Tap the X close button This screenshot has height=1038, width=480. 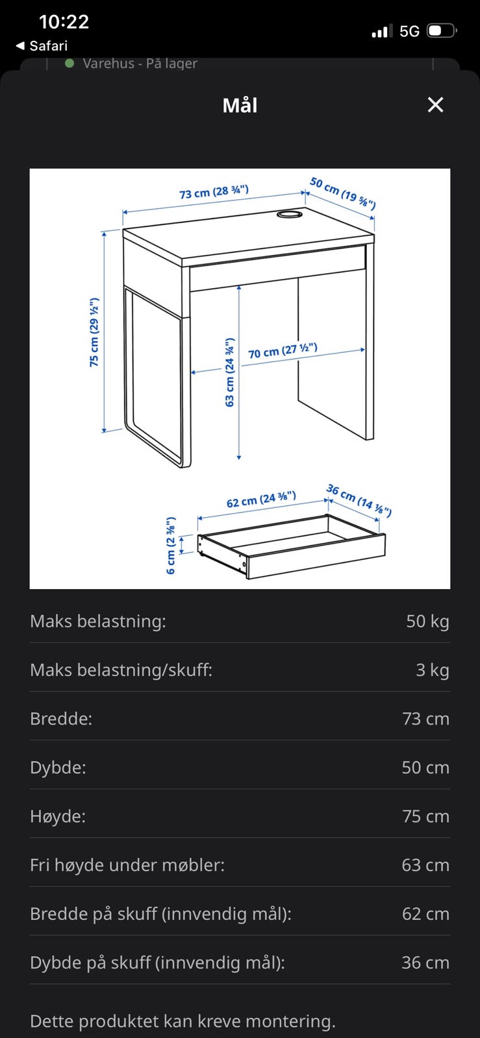(x=435, y=105)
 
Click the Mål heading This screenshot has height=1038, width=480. (x=240, y=105)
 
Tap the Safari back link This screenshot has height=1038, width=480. (x=42, y=45)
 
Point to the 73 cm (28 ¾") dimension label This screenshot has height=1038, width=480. (x=214, y=192)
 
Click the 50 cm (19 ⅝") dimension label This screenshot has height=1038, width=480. (x=342, y=193)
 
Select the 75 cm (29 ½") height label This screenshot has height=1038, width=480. (x=94, y=332)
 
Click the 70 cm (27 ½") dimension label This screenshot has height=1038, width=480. (x=283, y=351)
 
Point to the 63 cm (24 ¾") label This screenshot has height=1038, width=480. (x=229, y=372)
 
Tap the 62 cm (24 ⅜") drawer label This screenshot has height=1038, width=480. (x=261, y=500)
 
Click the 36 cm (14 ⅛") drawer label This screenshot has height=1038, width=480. (x=359, y=500)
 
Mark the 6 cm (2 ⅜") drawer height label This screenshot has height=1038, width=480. (x=171, y=545)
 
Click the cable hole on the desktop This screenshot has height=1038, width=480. (x=290, y=213)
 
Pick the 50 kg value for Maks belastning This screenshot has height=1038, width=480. (x=427, y=622)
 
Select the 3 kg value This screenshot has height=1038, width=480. (x=432, y=670)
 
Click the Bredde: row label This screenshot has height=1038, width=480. (x=61, y=719)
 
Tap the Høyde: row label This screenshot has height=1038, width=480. (x=58, y=816)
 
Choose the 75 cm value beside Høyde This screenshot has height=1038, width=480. (x=425, y=816)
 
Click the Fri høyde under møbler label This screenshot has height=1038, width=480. (x=127, y=865)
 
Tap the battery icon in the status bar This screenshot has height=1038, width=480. (x=442, y=30)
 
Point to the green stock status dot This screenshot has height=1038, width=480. (x=69, y=64)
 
